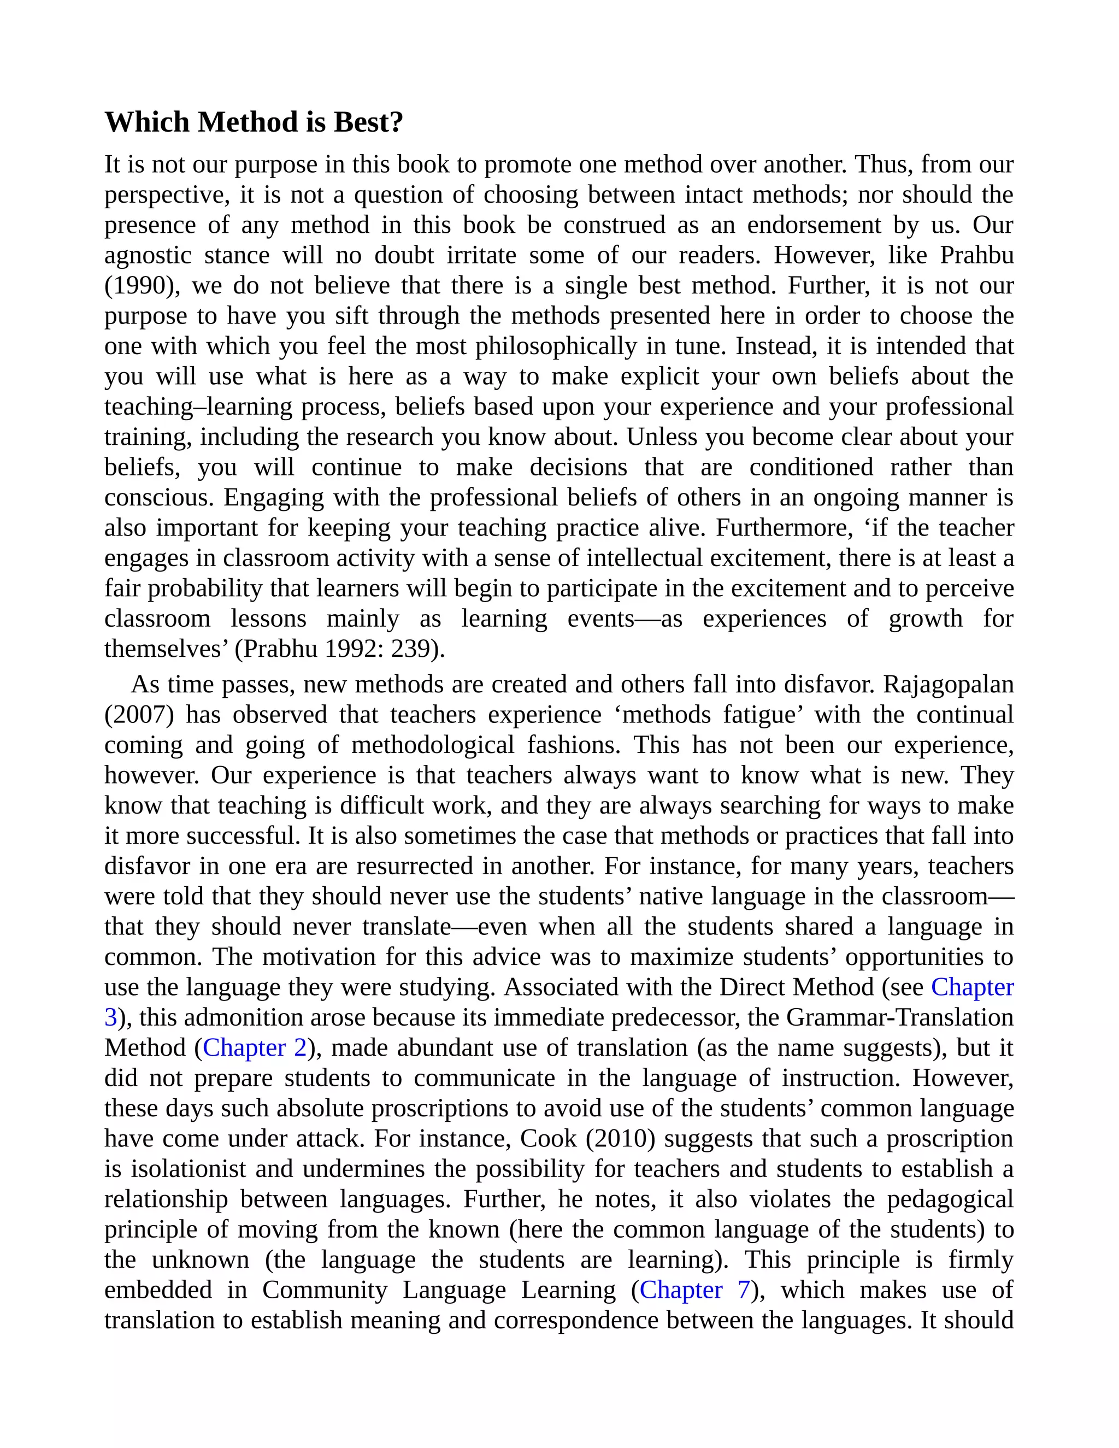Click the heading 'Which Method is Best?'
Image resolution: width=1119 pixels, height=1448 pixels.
pos(254,122)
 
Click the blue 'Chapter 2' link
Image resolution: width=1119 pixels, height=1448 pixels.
pos(255,1047)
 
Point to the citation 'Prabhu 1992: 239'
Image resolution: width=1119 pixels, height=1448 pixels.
pos(338,649)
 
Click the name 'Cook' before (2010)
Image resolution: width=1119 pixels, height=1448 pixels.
pos(548,1138)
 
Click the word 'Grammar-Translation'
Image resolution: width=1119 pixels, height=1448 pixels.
pos(899,1017)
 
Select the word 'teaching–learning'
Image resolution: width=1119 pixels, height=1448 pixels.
pos(198,407)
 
